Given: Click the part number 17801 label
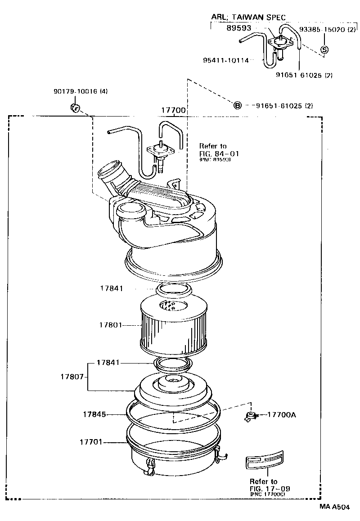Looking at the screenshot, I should point(110,324).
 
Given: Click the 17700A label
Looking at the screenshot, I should point(282,414).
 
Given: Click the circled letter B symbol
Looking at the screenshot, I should point(237,106).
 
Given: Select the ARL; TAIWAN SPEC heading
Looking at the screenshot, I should point(248,17).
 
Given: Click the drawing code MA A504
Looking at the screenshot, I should point(334,507).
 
